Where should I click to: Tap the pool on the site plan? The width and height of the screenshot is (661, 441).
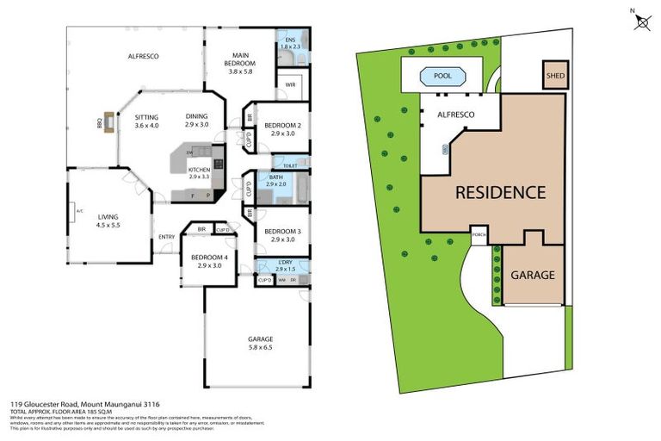tap(442, 77)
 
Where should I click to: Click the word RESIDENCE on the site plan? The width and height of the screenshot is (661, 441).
tap(500, 192)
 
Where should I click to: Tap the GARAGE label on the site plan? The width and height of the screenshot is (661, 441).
tap(533, 276)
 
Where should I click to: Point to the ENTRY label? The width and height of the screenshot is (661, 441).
tap(166, 238)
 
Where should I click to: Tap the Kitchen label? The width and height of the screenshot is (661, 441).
tap(199, 171)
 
